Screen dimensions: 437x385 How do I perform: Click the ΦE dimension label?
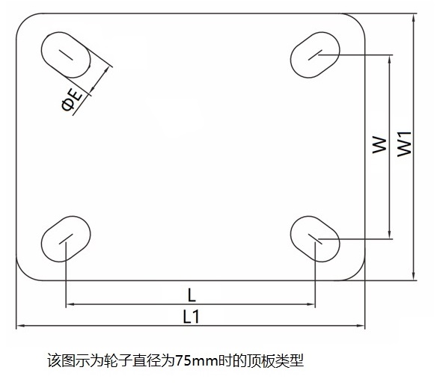click(72, 100)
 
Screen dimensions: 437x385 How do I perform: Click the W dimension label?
click(379, 145)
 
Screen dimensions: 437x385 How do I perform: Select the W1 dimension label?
click(404, 144)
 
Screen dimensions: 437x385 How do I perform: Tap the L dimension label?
click(192, 295)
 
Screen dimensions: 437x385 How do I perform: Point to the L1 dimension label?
click(192, 316)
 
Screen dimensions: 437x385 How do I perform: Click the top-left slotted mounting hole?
click(66, 55)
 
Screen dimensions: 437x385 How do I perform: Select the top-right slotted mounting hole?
click(315, 55)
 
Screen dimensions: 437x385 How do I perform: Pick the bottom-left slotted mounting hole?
click(66, 239)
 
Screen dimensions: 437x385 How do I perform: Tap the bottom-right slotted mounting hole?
click(315, 239)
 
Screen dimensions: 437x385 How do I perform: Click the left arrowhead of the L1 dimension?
click(19, 325)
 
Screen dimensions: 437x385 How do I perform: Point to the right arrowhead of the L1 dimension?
click(361, 325)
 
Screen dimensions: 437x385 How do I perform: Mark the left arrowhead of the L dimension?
click(70, 304)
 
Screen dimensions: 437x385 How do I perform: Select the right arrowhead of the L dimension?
click(311, 304)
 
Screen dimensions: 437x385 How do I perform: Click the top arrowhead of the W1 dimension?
click(414, 17)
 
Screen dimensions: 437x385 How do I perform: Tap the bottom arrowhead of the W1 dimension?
click(414, 277)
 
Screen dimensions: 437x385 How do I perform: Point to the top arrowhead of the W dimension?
click(390, 59)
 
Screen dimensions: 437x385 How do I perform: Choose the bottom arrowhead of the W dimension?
click(390, 235)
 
